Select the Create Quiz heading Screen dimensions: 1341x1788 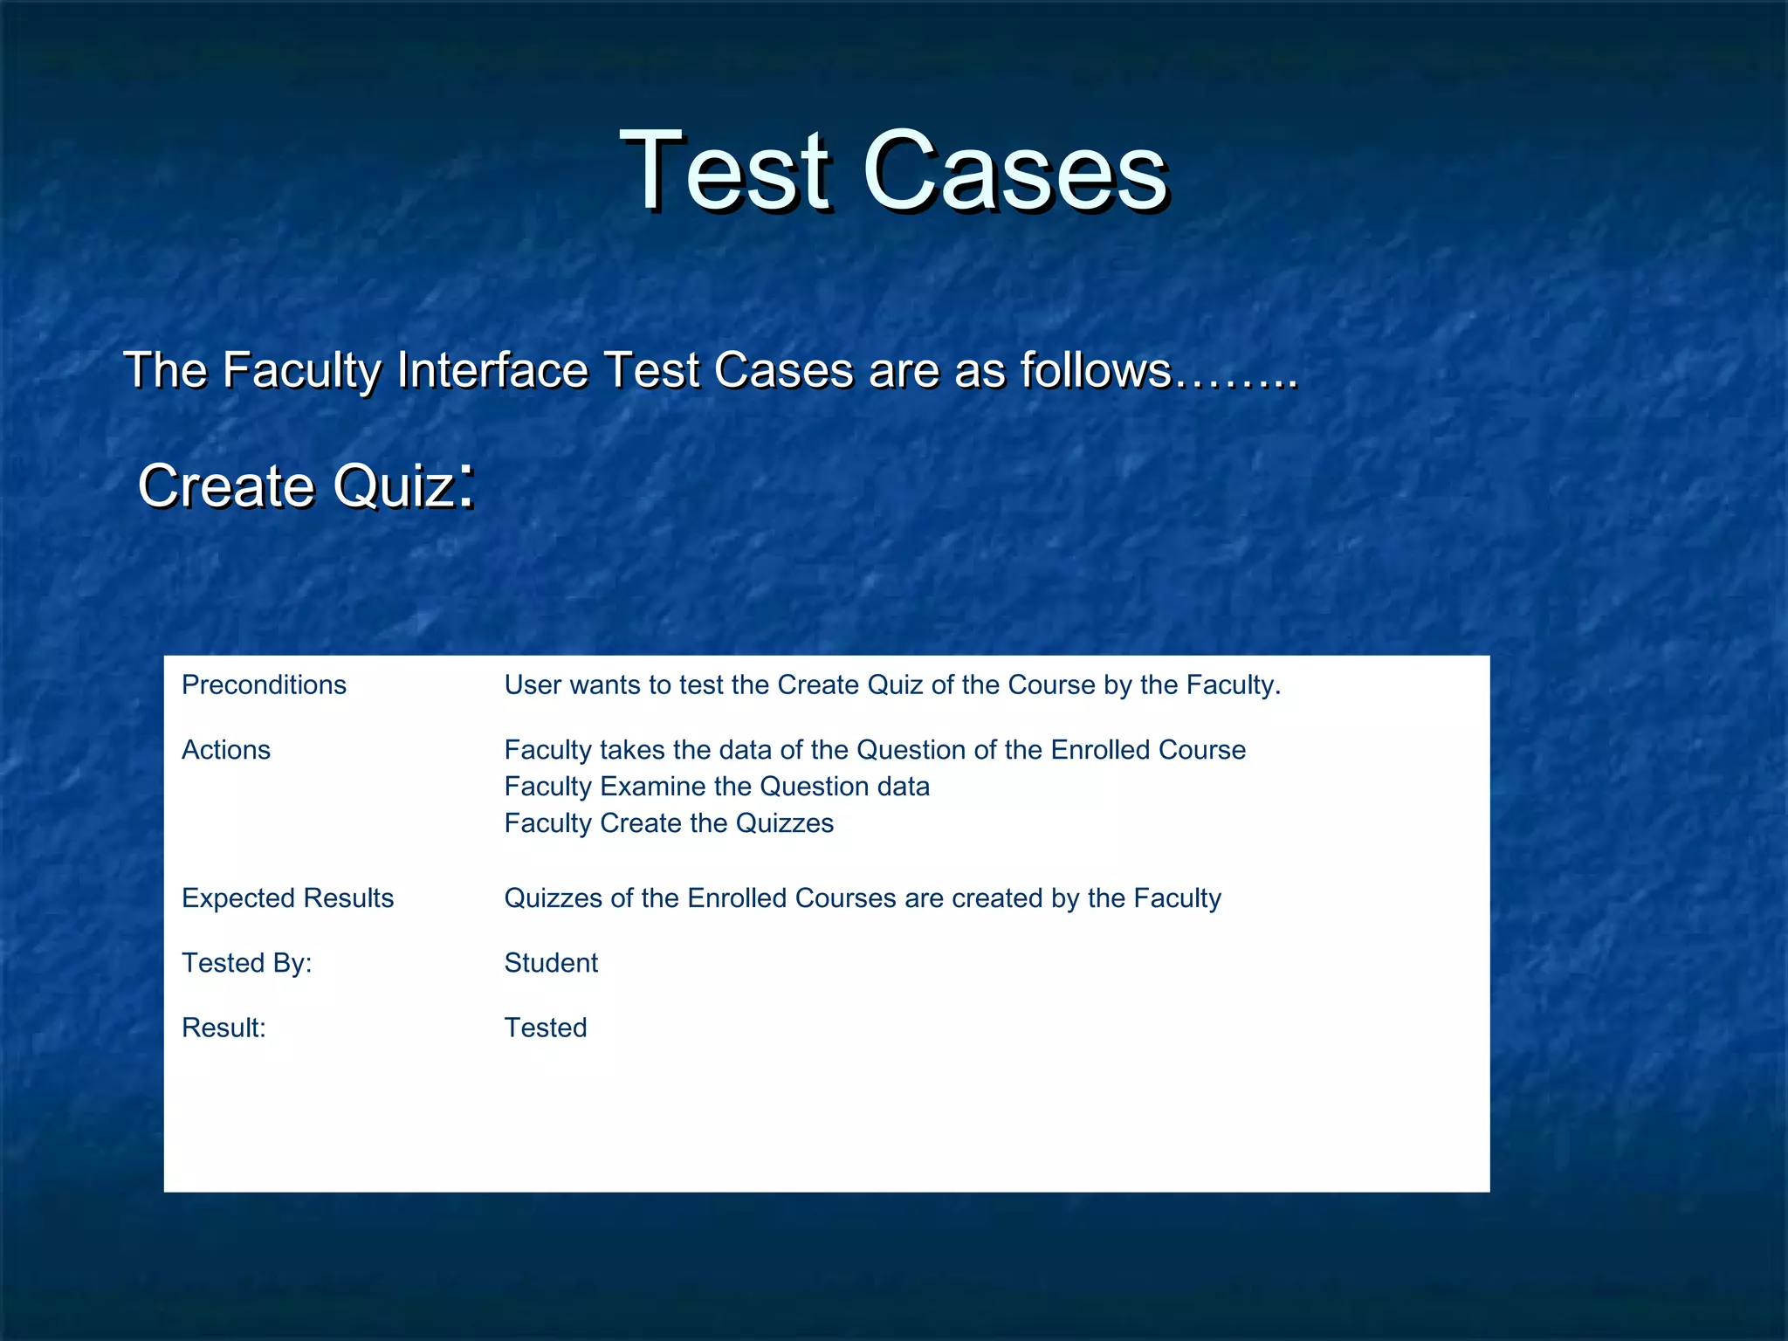coord(297,485)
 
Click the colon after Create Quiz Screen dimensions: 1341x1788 coord(467,485)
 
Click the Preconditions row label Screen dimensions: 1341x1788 coord(264,685)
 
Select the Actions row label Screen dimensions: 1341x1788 coord(226,750)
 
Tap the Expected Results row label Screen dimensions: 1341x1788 coord(287,898)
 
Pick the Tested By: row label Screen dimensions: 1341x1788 coord(246,963)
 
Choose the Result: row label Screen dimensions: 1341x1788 coord(223,1028)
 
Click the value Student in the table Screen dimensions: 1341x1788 coord(551,963)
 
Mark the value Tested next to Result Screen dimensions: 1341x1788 coord(546,1028)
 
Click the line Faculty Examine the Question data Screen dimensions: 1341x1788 coord(717,787)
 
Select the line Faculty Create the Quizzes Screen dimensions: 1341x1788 coord(669,823)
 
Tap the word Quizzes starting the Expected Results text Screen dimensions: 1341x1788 coord(554,898)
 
